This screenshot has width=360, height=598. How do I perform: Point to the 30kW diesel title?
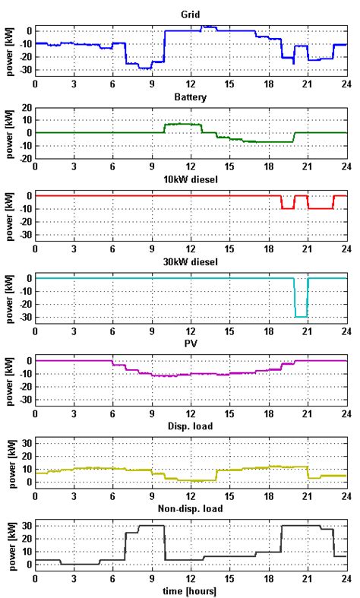[x=190, y=262]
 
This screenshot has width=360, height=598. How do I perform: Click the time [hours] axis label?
[x=190, y=590]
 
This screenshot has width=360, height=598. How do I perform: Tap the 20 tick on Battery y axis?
[x=26, y=107]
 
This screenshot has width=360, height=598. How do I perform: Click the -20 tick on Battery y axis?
[x=24, y=158]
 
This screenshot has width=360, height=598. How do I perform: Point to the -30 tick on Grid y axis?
[x=24, y=70]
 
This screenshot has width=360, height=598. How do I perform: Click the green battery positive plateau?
[x=182, y=124]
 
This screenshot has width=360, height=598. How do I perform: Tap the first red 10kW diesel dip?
[x=288, y=208]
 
